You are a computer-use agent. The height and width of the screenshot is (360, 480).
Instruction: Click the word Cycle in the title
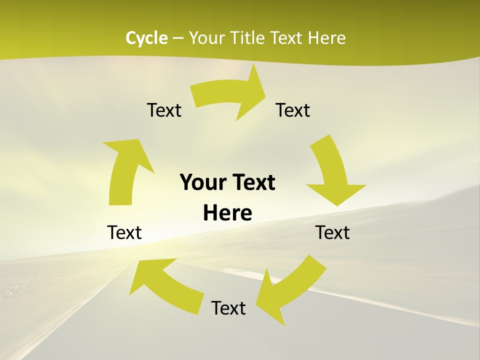[x=146, y=38]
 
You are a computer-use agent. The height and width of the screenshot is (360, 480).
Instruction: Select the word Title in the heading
[x=247, y=38]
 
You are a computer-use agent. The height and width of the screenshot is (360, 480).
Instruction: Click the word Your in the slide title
[x=206, y=38]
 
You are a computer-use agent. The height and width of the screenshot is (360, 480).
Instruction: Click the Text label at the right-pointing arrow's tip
[x=293, y=110]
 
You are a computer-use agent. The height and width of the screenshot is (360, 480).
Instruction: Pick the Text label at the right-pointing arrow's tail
[x=164, y=110]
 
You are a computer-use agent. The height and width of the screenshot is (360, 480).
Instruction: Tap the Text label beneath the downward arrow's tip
[x=332, y=232]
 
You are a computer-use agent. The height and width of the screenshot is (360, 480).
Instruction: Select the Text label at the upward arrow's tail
[x=124, y=232]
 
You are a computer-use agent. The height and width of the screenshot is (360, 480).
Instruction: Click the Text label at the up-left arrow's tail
[x=228, y=308]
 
